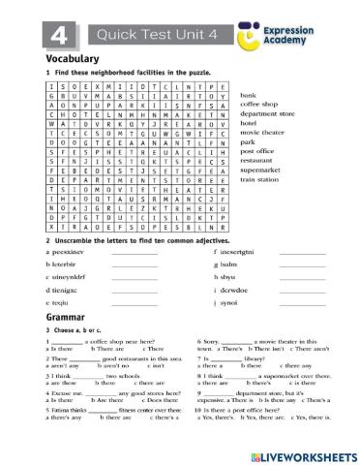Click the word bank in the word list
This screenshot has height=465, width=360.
click(x=248, y=96)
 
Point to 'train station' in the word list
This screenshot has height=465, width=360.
click(x=259, y=179)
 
